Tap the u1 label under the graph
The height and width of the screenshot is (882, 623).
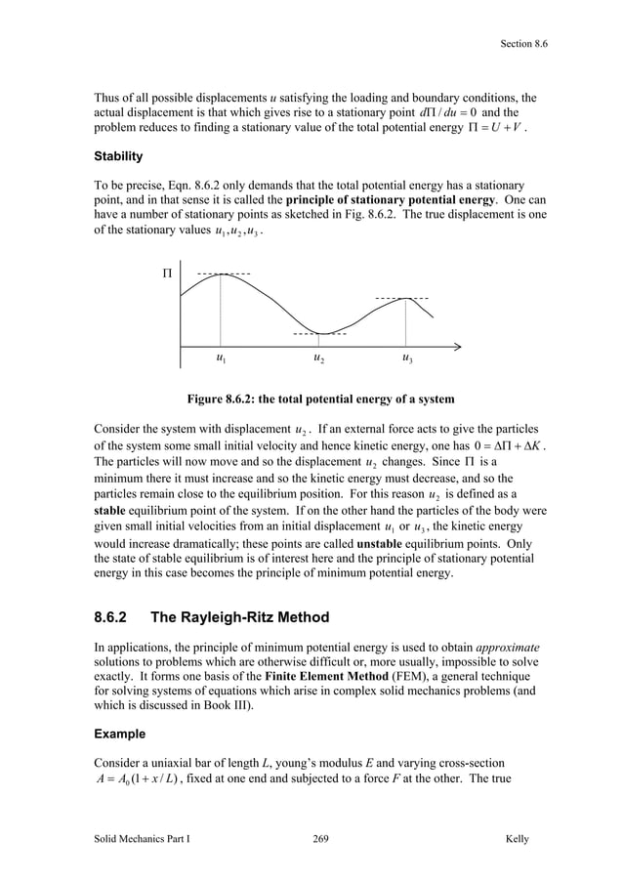click(x=222, y=359)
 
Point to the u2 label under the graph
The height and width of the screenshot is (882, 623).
click(x=319, y=359)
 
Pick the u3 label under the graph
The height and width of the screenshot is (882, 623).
click(x=407, y=359)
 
